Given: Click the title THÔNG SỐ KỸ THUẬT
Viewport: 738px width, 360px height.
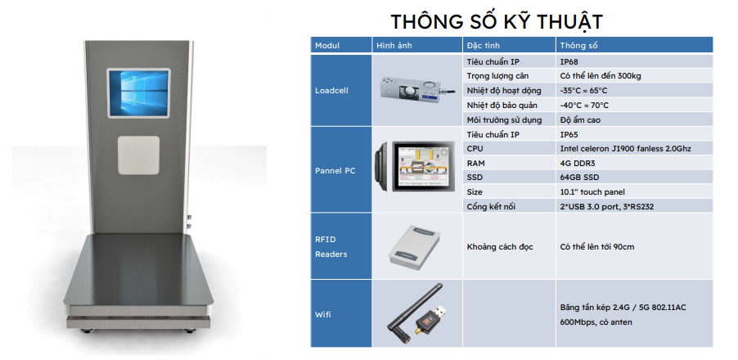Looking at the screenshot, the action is (497, 21).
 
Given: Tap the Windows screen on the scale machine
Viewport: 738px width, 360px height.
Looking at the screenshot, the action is (138, 93).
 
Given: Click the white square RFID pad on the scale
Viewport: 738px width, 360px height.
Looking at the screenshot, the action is (138, 155).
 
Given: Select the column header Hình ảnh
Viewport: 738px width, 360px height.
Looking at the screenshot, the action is (394, 46).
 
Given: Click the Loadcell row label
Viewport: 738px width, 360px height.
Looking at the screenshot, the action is (331, 90).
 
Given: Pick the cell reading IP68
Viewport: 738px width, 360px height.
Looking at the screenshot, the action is (569, 61).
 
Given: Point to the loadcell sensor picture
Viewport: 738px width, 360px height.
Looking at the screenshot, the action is (417, 91).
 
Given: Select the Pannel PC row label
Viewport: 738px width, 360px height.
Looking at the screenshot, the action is (335, 171).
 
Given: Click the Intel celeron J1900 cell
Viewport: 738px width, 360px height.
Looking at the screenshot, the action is (626, 149).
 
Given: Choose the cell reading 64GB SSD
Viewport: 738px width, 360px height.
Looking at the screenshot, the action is (579, 178).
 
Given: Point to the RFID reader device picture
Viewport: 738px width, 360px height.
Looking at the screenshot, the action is (414, 245).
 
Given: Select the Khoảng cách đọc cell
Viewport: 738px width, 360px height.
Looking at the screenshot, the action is (500, 246).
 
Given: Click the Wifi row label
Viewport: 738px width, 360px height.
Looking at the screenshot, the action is (323, 314).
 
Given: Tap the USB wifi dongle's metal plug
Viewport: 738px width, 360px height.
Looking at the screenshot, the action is (441, 312).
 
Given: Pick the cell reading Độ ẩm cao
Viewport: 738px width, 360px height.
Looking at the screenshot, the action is (580, 120).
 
